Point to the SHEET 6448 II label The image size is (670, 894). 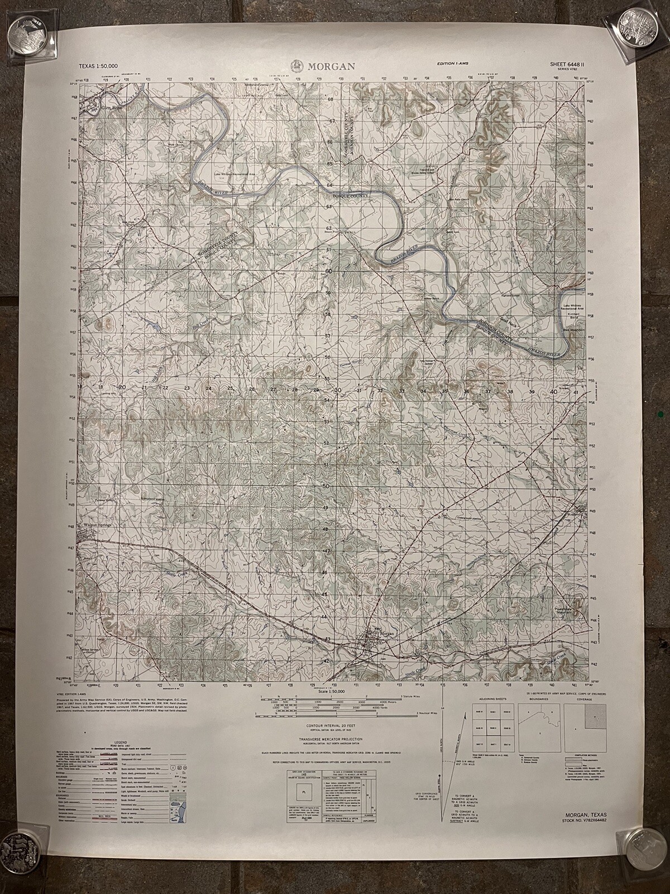[572, 65]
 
